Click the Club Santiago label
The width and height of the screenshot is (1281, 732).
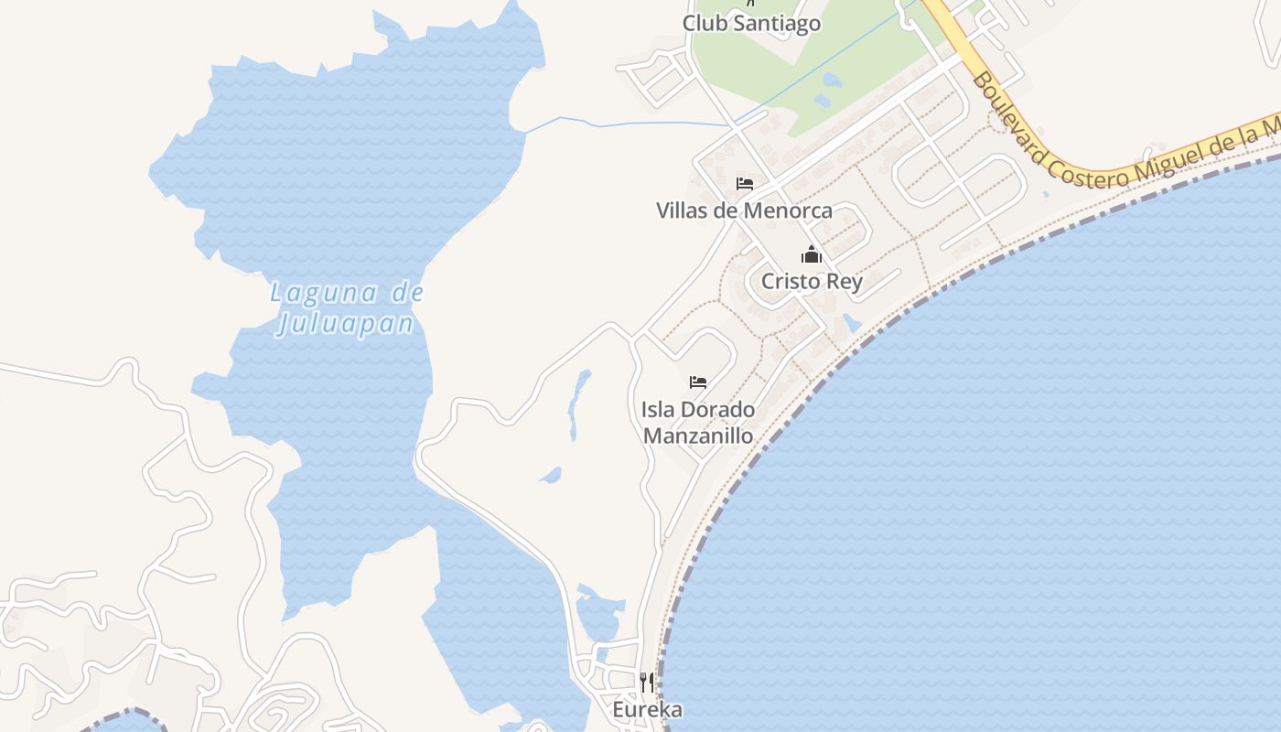[751, 23]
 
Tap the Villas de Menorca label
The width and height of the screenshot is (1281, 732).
[744, 210]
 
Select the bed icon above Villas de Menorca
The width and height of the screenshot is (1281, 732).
[745, 184]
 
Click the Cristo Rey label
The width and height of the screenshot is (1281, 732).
[812, 281]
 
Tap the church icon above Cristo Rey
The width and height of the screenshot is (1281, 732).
[812, 255]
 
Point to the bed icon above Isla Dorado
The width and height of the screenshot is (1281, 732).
[698, 382]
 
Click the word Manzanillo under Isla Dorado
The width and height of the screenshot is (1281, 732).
[698, 436]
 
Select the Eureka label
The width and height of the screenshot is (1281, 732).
[647, 709]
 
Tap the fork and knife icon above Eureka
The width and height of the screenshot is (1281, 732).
[647, 683]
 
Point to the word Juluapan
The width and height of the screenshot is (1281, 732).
[345, 324]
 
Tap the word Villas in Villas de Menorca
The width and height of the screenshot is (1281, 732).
[683, 210]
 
